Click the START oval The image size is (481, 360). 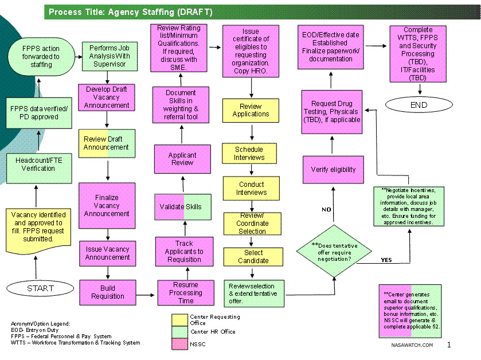(x=40, y=288)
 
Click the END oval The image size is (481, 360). (x=419, y=105)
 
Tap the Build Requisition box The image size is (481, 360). (x=107, y=292)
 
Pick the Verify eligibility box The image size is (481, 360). (x=333, y=169)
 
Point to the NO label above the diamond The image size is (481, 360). (x=326, y=209)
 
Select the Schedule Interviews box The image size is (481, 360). (x=249, y=154)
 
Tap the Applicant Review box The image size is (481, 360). (x=182, y=159)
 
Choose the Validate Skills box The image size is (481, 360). (x=181, y=207)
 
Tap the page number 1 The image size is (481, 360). (x=449, y=345)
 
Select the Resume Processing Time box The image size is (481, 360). (x=185, y=292)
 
